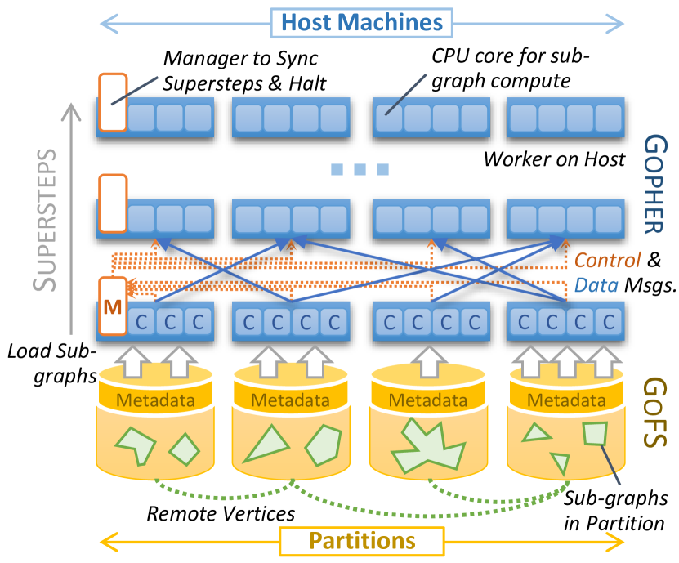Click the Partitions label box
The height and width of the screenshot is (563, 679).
361,541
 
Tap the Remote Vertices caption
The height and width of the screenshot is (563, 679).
221,514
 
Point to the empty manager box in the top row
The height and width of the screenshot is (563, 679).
112,101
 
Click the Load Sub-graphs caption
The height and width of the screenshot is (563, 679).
51,363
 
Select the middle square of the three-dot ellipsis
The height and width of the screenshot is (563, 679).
360,170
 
